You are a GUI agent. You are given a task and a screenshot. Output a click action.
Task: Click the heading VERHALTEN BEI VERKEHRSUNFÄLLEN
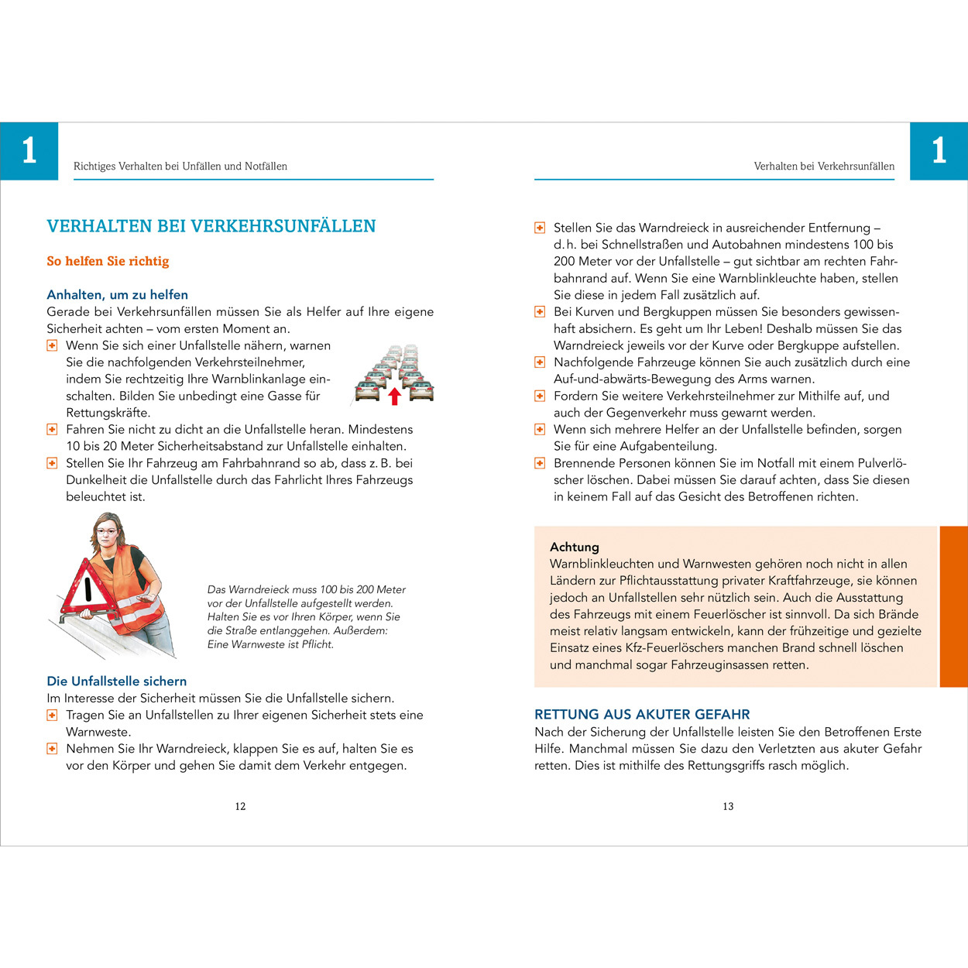[211, 226]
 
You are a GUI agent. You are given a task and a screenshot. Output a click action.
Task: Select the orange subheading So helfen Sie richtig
[108, 261]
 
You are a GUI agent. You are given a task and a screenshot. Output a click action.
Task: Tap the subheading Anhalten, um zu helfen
[117, 295]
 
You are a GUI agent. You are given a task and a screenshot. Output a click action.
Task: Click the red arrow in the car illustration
[394, 396]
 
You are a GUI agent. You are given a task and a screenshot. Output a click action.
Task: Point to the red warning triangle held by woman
[87, 590]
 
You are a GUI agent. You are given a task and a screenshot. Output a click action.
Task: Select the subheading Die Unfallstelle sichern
[116, 681]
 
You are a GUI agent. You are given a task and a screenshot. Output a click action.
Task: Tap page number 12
[240, 806]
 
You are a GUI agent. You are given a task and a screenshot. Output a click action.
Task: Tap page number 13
[728, 806]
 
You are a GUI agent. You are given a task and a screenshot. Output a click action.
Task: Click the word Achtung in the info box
[574, 547]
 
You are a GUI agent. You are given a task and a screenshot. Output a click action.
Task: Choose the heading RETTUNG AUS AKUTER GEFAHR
[642, 714]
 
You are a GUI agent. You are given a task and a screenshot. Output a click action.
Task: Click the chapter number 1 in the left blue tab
[29, 151]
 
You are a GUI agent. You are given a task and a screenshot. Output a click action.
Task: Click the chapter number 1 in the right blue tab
[939, 151]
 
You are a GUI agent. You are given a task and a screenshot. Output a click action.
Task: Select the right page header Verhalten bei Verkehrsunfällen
[823, 166]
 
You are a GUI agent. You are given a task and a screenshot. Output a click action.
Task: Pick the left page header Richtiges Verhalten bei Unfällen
[180, 166]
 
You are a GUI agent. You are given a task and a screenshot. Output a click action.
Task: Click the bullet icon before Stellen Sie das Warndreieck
[540, 228]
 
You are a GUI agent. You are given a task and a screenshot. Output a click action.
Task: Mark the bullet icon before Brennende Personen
[540, 463]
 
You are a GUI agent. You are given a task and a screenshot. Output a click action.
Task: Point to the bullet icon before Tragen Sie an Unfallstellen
[52, 715]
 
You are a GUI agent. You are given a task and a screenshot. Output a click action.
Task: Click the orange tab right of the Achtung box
[953, 606]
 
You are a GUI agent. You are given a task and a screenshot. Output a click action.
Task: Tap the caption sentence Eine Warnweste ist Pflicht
[270, 644]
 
